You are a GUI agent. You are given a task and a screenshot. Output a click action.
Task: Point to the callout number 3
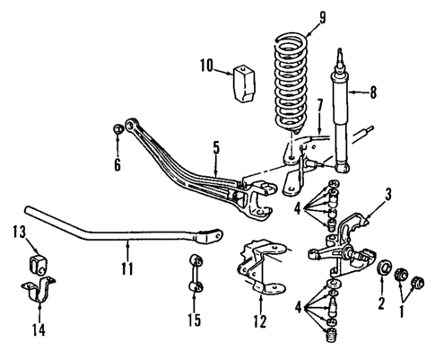coord(387,192)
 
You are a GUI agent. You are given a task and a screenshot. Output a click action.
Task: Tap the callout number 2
coord(380,304)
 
